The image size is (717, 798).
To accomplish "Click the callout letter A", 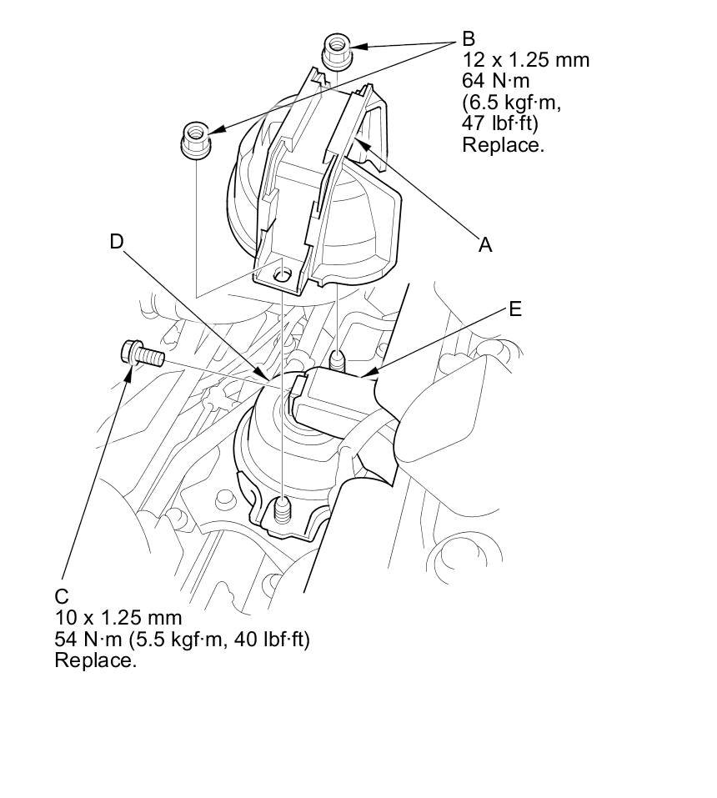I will [x=485, y=244].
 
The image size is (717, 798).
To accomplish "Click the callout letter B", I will [x=469, y=38].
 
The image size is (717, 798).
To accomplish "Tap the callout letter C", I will [x=61, y=596].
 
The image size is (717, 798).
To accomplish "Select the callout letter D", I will [x=117, y=242].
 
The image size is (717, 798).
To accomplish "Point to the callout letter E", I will [x=514, y=309].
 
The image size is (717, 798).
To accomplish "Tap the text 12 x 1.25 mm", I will [x=525, y=60].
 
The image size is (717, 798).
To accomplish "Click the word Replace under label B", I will [x=503, y=144].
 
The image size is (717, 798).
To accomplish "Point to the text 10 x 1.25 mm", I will [x=118, y=618].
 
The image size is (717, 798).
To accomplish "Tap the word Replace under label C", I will [x=95, y=660].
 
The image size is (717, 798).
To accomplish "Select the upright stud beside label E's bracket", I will [x=338, y=363].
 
